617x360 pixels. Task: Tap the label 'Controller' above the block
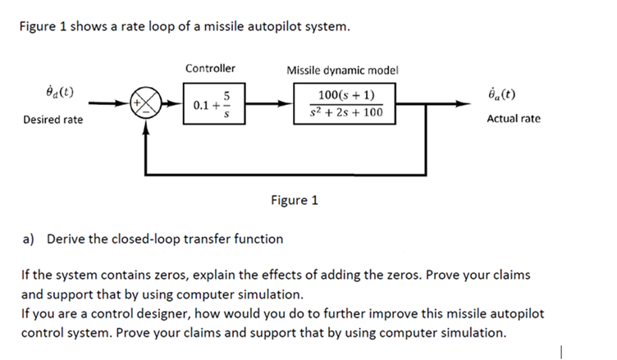(210, 68)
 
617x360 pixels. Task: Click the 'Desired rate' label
(53, 121)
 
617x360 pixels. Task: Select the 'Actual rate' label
(514, 119)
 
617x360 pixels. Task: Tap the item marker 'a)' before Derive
(28, 239)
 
